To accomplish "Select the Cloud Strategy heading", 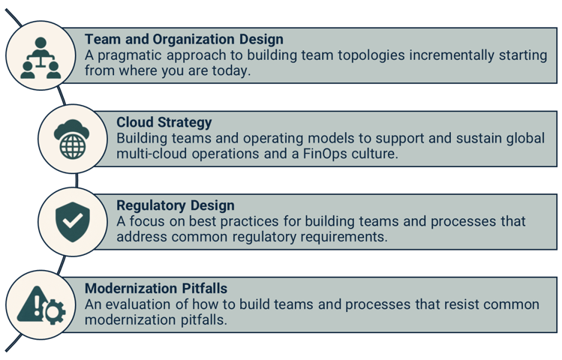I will [164, 121].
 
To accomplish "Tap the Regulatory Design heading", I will [175, 205].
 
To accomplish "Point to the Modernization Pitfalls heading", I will [155, 288].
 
